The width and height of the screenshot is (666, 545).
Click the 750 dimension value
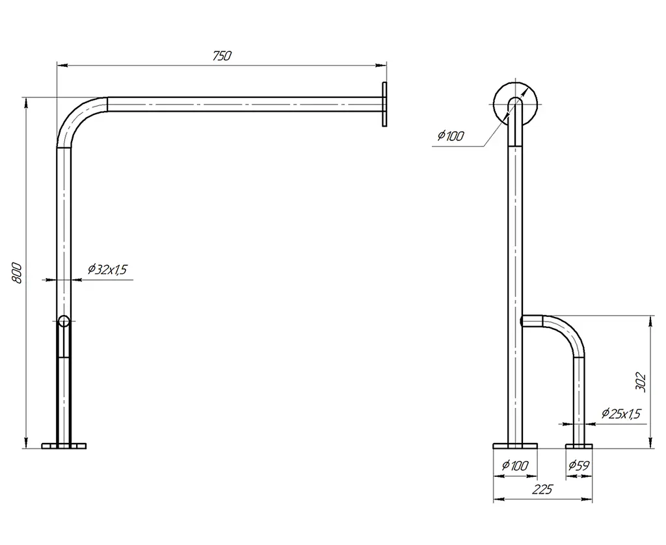[x=222, y=56]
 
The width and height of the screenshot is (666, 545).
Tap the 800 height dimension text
[x=16, y=273]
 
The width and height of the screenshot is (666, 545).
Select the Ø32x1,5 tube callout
[x=107, y=269]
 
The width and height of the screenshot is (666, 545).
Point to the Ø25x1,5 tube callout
[x=621, y=413]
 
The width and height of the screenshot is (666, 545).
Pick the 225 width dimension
[x=543, y=489]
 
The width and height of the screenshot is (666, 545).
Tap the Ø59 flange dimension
[x=579, y=465]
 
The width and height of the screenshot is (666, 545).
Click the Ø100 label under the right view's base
[x=515, y=465]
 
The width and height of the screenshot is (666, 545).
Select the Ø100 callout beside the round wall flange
[x=451, y=136]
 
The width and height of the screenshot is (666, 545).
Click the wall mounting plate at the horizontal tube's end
[x=384, y=104]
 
